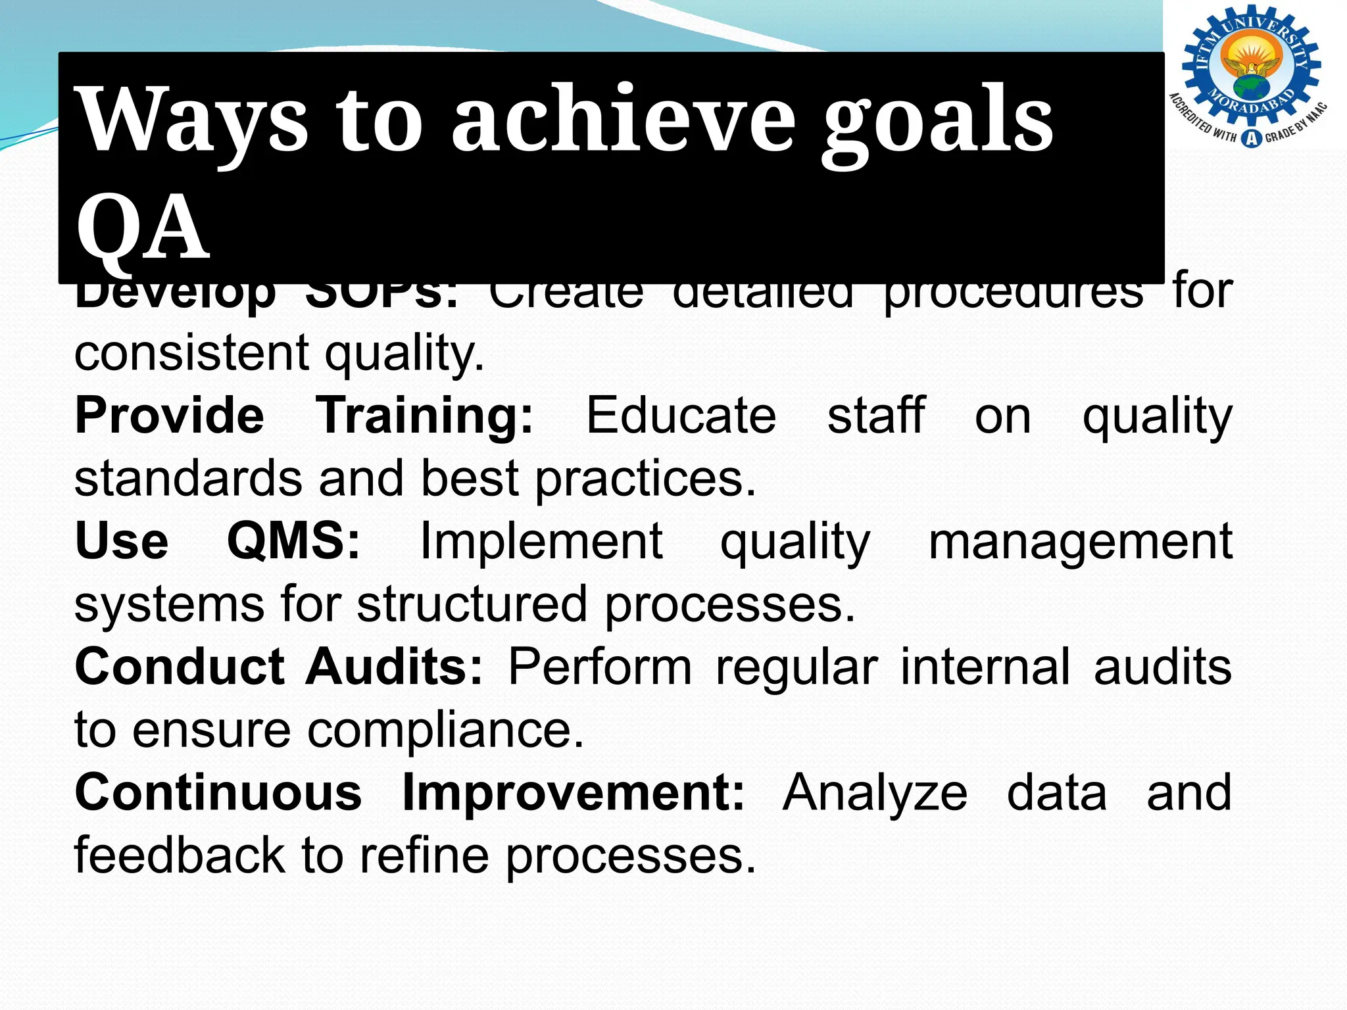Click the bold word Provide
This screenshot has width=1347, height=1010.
pos(170,416)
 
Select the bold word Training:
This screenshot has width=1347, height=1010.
pos(425,417)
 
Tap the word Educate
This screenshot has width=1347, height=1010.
pos(681,416)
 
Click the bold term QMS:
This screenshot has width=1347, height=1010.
pos(294,541)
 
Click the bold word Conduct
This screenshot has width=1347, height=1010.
pos(180,667)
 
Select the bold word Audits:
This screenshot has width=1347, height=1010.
pos(395,667)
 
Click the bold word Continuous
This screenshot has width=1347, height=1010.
pos(218,792)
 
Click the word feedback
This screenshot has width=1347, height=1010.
pos(180,855)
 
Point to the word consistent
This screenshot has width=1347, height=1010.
pos(191,353)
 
